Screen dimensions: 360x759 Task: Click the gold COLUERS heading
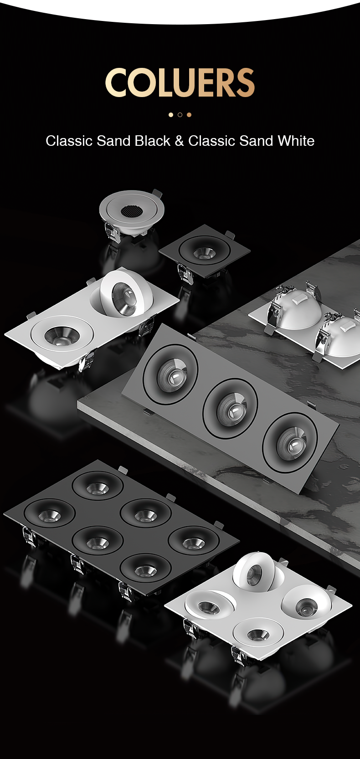click(x=180, y=82)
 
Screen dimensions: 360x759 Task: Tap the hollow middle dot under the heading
click(x=180, y=115)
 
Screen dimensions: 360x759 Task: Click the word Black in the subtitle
click(x=153, y=141)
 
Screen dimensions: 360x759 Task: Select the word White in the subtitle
click(x=296, y=141)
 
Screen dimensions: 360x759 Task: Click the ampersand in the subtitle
click(x=180, y=141)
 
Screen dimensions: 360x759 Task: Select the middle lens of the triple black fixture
click(x=230, y=408)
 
